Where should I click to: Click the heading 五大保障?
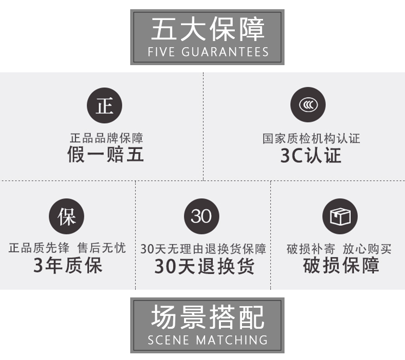(x=208, y=29)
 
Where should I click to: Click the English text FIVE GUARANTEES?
(x=208, y=52)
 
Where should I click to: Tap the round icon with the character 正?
(x=105, y=106)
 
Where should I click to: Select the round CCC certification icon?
(x=308, y=105)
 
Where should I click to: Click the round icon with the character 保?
(x=66, y=216)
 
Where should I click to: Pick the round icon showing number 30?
(x=201, y=216)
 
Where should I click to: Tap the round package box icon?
(x=340, y=216)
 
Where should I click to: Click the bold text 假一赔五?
(x=106, y=154)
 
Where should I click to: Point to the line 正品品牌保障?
(x=106, y=138)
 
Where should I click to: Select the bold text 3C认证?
(x=311, y=155)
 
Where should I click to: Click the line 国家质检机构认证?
(x=311, y=138)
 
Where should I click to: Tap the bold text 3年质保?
(x=68, y=265)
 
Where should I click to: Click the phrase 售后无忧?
(x=102, y=248)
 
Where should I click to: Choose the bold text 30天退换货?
(x=204, y=266)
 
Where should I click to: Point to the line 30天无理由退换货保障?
(x=203, y=249)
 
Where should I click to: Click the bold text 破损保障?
(x=341, y=265)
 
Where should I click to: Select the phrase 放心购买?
(x=367, y=249)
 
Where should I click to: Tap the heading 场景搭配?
(x=208, y=317)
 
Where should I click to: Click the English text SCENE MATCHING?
(x=208, y=340)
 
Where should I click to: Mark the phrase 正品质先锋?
(x=39, y=248)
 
